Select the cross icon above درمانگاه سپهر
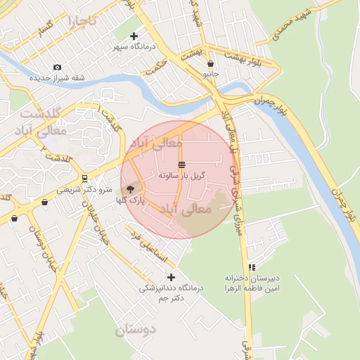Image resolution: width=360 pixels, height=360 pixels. tap(134, 36)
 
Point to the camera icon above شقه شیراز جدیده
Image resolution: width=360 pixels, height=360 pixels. tap(57, 67)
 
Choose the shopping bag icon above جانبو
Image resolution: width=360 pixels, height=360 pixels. tap(211, 63)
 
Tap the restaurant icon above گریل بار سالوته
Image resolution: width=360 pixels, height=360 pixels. tap(181, 164)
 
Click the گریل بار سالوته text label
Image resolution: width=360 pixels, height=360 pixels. tap(181, 174)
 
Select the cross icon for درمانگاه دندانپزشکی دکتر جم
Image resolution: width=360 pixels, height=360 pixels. tap(170, 278)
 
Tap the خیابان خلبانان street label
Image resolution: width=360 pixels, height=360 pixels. tap(91, 219)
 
